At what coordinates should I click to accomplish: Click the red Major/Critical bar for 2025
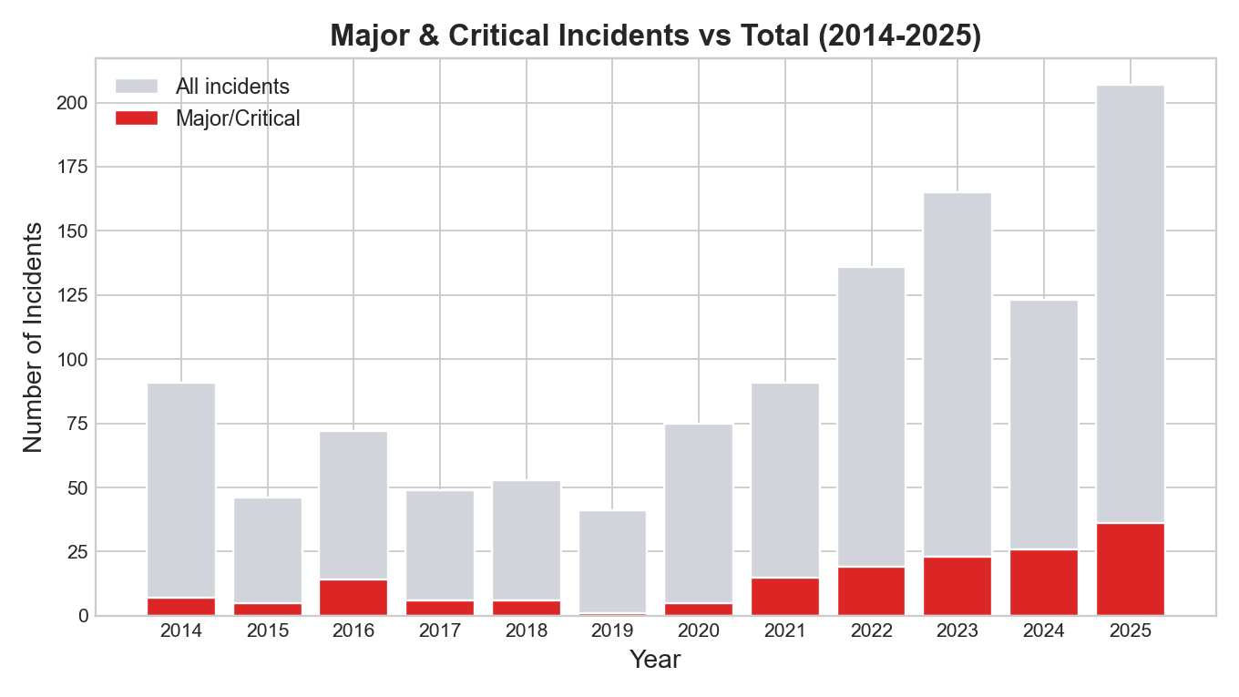click(1130, 569)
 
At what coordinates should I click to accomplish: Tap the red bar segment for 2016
click(353, 598)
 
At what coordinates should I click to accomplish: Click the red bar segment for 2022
click(871, 591)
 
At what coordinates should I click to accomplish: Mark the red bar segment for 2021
click(785, 597)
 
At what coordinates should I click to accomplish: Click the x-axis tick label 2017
click(440, 631)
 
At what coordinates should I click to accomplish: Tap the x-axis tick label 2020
click(699, 631)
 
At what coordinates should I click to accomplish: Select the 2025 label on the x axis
click(1130, 631)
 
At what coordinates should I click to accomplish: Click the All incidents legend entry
click(232, 87)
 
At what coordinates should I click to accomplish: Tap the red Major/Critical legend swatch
click(137, 118)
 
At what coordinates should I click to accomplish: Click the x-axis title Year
click(655, 660)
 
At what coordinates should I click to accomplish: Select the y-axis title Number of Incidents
click(33, 336)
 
